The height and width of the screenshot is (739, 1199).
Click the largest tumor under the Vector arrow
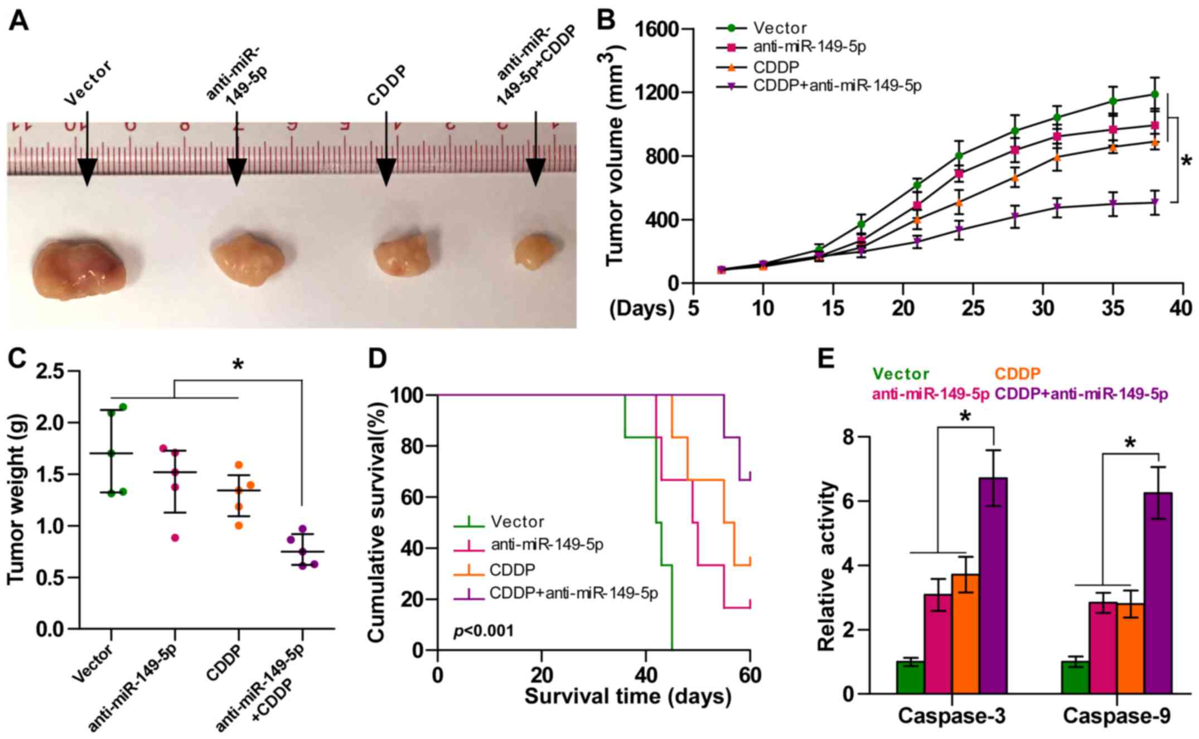coord(79,268)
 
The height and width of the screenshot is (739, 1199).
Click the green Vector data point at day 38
coord(1154,94)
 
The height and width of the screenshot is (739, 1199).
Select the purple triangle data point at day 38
coord(1154,202)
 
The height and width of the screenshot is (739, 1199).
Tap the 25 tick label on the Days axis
coord(973,307)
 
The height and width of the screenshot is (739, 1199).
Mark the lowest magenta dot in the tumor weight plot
coord(175,538)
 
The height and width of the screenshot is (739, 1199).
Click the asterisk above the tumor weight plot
coord(238,366)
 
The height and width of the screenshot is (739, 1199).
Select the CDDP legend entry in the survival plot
coord(513,570)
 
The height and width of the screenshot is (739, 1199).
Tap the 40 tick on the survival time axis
coord(646,675)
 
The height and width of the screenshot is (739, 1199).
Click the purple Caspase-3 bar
coord(992,586)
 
